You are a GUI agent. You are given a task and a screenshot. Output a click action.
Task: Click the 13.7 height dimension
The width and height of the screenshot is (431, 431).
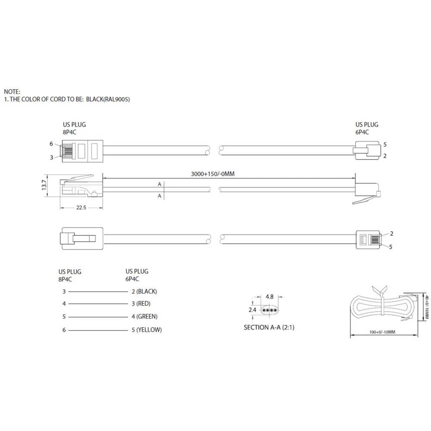(43, 185)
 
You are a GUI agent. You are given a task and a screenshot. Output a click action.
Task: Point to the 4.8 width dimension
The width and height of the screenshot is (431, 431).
(270, 297)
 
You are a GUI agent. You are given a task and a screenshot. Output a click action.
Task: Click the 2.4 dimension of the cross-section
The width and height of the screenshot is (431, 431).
(253, 310)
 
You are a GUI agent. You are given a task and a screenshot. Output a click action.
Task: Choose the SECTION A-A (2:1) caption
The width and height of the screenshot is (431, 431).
(269, 328)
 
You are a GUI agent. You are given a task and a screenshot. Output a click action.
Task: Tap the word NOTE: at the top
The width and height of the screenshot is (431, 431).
(12, 91)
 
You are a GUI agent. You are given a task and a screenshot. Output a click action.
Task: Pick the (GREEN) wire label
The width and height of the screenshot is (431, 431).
(147, 317)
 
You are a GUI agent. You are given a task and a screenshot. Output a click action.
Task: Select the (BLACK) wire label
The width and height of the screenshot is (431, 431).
(147, 291)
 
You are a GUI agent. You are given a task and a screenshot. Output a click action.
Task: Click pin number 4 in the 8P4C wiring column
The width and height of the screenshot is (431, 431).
(64, 304)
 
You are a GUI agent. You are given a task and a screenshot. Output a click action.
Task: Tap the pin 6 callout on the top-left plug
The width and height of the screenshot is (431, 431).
(51, 144)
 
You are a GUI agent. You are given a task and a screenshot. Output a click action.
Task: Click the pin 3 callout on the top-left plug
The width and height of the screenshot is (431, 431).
(51, 158)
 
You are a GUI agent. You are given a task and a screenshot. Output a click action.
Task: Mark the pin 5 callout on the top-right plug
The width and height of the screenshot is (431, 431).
(385, 145)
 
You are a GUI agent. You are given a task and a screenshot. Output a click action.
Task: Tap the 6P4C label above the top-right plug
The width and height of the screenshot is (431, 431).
(362, 132)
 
